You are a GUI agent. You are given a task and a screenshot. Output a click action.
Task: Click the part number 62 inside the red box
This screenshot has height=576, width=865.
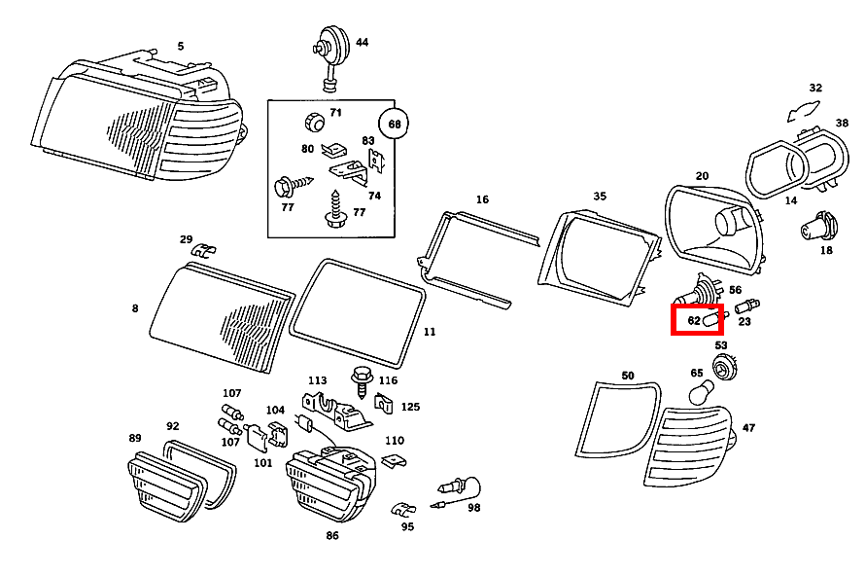(x=693, y=320)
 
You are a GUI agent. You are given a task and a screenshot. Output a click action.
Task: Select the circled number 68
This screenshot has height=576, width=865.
(x=395, y=125)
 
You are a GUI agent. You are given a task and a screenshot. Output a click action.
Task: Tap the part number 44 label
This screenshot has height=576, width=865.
(x=362, y=43)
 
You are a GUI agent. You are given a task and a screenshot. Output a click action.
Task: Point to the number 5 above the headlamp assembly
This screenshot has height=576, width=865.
(x=180, y=46)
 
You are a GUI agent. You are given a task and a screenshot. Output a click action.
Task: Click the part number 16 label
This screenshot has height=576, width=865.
(x=482, y=199)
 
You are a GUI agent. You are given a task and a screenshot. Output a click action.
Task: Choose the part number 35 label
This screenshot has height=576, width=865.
(x=600, y=196)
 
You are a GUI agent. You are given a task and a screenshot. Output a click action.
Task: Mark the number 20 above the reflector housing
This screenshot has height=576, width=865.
(x=702, y=176)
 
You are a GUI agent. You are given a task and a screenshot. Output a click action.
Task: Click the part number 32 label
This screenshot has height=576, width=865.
(x=815, y=88)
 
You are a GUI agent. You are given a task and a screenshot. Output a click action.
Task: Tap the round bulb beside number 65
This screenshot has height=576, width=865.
(x=700, y=392)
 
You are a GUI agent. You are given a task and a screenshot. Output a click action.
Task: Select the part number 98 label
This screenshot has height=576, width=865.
(x=473, y=507)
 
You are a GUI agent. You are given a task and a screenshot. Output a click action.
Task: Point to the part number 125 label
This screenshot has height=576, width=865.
(x=410, y=407)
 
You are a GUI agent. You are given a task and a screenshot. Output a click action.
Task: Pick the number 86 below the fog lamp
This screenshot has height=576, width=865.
(x=332, y=535)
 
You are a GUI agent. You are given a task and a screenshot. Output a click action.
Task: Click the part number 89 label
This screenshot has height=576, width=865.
(x=135, y=438)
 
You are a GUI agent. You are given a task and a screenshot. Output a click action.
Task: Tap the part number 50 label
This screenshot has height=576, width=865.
(x=627, y=376)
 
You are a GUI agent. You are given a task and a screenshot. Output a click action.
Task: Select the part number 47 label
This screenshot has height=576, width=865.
(x=747, y=427)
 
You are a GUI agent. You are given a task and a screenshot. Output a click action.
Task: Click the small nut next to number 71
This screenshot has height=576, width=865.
(x=313, y=122)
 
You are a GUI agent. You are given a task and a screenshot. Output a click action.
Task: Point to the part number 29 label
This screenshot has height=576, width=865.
(x=186, y=238)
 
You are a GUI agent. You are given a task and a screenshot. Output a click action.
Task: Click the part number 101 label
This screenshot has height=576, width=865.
(x=263, y=462)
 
